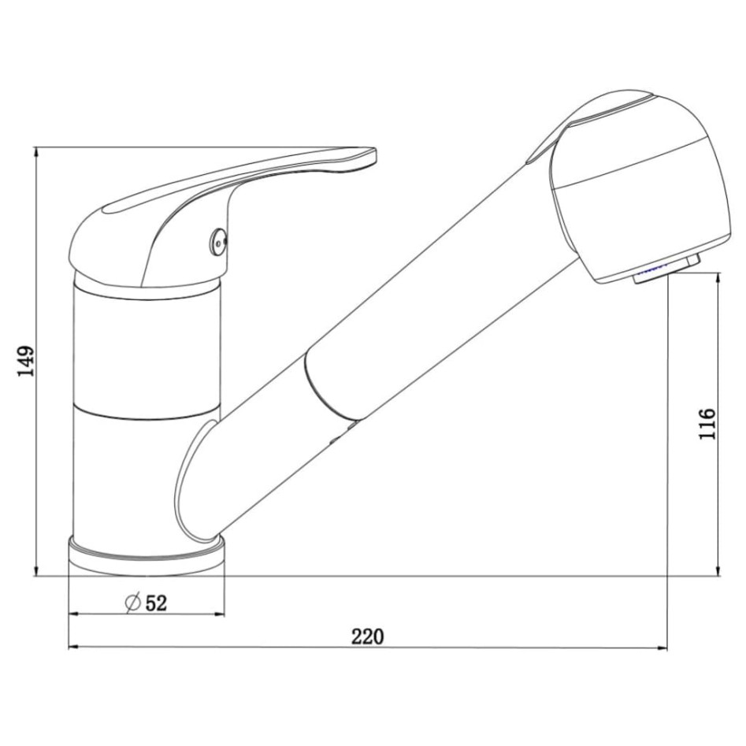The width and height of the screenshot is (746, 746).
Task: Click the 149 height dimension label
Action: click(26, 361)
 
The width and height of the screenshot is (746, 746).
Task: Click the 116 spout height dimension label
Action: click(707, 424)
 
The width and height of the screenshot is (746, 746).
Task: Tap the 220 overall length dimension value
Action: click(367, 636)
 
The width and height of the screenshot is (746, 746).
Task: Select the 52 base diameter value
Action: click(156, 603)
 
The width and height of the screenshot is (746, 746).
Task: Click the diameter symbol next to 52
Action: click(132, 603)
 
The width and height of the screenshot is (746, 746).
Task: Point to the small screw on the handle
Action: click(218, 240)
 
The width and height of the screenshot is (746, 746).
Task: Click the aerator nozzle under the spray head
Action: click(666, 269)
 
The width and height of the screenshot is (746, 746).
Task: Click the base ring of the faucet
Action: click(147, 555)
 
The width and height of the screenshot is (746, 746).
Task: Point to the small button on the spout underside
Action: click(345, 429)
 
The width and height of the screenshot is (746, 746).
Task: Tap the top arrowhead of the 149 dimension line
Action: click(36, 152)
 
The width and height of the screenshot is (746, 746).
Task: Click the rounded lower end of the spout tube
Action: click(193, 484)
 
